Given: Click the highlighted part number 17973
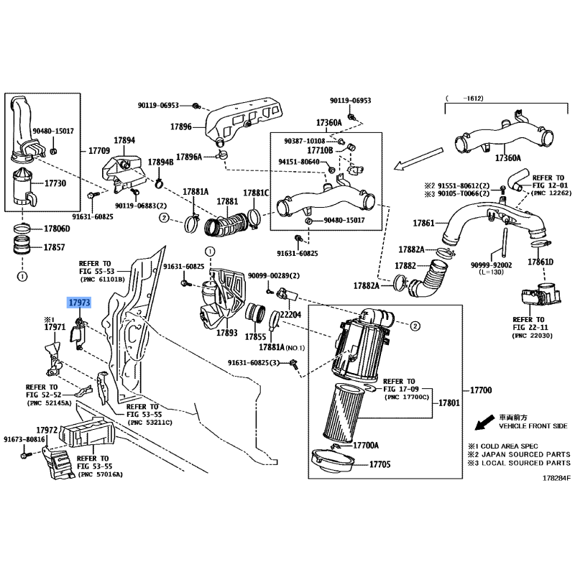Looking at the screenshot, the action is [79, 303].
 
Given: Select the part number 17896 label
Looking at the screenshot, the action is [181, 127].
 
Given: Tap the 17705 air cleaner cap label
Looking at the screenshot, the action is [380, 464].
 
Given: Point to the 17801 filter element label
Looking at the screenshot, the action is [449, 403].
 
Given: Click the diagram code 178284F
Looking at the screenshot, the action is [556, 478].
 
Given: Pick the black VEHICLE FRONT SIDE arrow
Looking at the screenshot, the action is [484, 423].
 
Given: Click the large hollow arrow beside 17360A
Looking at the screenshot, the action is [418, 159].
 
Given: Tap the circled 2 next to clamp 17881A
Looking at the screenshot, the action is [164, 218].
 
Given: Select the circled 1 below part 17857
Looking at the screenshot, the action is [22, 276].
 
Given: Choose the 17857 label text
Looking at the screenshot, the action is [55, 247].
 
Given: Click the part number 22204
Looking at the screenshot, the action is [290, 315].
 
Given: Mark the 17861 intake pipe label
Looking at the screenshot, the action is [423, 223].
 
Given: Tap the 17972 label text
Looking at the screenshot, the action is [47, 430].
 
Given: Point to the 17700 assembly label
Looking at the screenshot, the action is [481, 390].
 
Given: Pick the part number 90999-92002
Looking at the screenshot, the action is [492, 265].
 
